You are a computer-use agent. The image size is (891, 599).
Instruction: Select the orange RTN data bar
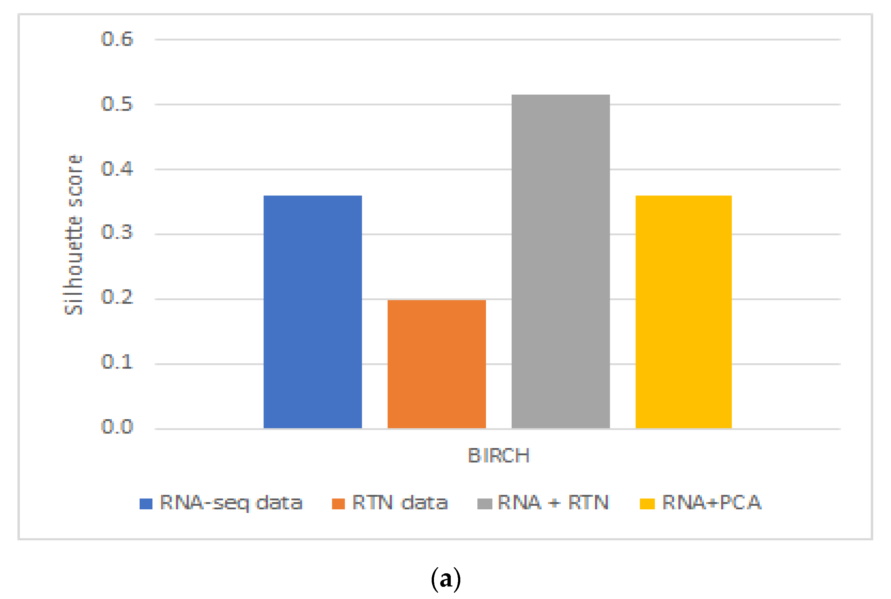pos(437,364)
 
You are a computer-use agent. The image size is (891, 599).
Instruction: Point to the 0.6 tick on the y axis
pos(117,39)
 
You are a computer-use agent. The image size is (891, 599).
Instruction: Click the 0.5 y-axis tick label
pos(117,104)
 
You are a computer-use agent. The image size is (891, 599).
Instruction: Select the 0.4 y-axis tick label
pos(117,168)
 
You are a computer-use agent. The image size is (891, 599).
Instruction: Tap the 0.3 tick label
pos(117,232)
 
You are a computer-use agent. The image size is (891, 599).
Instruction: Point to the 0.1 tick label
pos(117,361)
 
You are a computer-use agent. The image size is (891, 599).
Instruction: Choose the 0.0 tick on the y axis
pos(117,426)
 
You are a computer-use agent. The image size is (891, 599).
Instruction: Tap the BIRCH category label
pos(499,455)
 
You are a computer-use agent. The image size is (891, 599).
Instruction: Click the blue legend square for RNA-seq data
pos(146,504)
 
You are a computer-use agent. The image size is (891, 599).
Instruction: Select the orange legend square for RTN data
pos(338,504)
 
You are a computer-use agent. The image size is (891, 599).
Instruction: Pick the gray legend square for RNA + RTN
pos(485,504)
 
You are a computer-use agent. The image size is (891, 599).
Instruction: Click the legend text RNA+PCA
pos(712,502)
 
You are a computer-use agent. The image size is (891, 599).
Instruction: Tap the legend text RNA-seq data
pos(231,503)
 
